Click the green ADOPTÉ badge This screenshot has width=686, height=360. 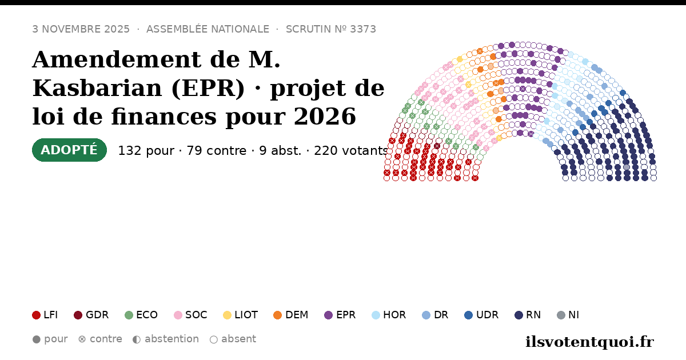point(69,150)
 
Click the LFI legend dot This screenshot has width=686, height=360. point(36,315)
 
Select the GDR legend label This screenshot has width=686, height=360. point(97,315)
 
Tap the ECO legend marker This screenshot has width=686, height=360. point(129,315)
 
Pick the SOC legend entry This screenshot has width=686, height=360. point(190,315)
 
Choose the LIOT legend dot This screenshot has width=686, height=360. point(227,315)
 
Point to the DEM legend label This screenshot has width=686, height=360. point(297,315)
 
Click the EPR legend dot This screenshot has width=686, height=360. point(328,315)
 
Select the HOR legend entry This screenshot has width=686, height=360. point(389,315)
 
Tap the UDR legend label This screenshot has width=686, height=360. point(487,315)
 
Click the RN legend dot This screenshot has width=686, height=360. point(519,315)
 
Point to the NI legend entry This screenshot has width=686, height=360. point(568,315)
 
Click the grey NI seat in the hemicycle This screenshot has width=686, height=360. point(627,167)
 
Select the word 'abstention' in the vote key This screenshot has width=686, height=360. point(171,339)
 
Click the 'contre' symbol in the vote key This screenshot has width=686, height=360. point(82,339)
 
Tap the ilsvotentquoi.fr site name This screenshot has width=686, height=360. point(589,342)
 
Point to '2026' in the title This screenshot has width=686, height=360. point(325,117)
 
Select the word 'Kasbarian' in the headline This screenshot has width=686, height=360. point(97,88)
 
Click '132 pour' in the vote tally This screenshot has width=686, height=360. point(146,151)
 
